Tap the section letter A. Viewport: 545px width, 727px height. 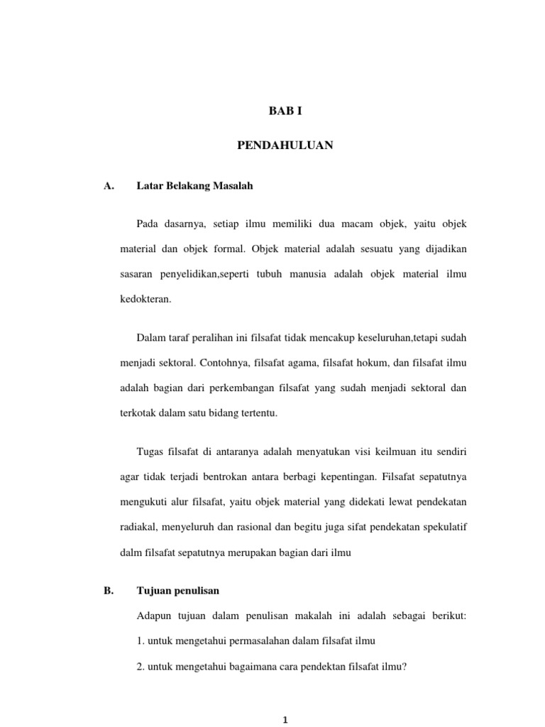(x=109, y=187)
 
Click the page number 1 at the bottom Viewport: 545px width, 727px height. (x=285, y=719)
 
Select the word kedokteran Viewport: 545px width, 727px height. (x=145, y=300)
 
